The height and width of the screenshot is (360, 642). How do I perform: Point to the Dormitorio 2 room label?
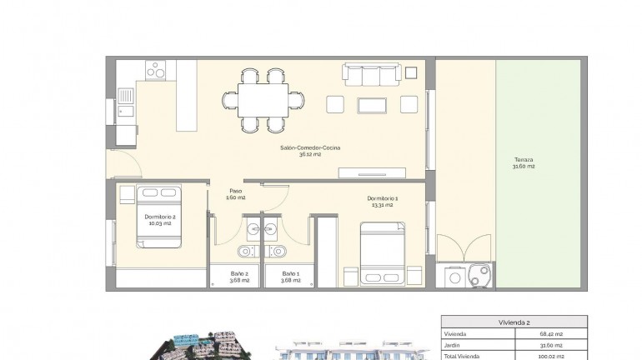tap(160, 217)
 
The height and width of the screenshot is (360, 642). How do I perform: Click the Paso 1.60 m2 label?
tap(237, 194)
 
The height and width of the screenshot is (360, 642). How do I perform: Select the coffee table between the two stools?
tap(372, 105)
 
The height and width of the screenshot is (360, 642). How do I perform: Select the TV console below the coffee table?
tap(372, 173)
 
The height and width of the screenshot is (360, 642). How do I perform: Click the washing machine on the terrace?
tap(454, 276)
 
